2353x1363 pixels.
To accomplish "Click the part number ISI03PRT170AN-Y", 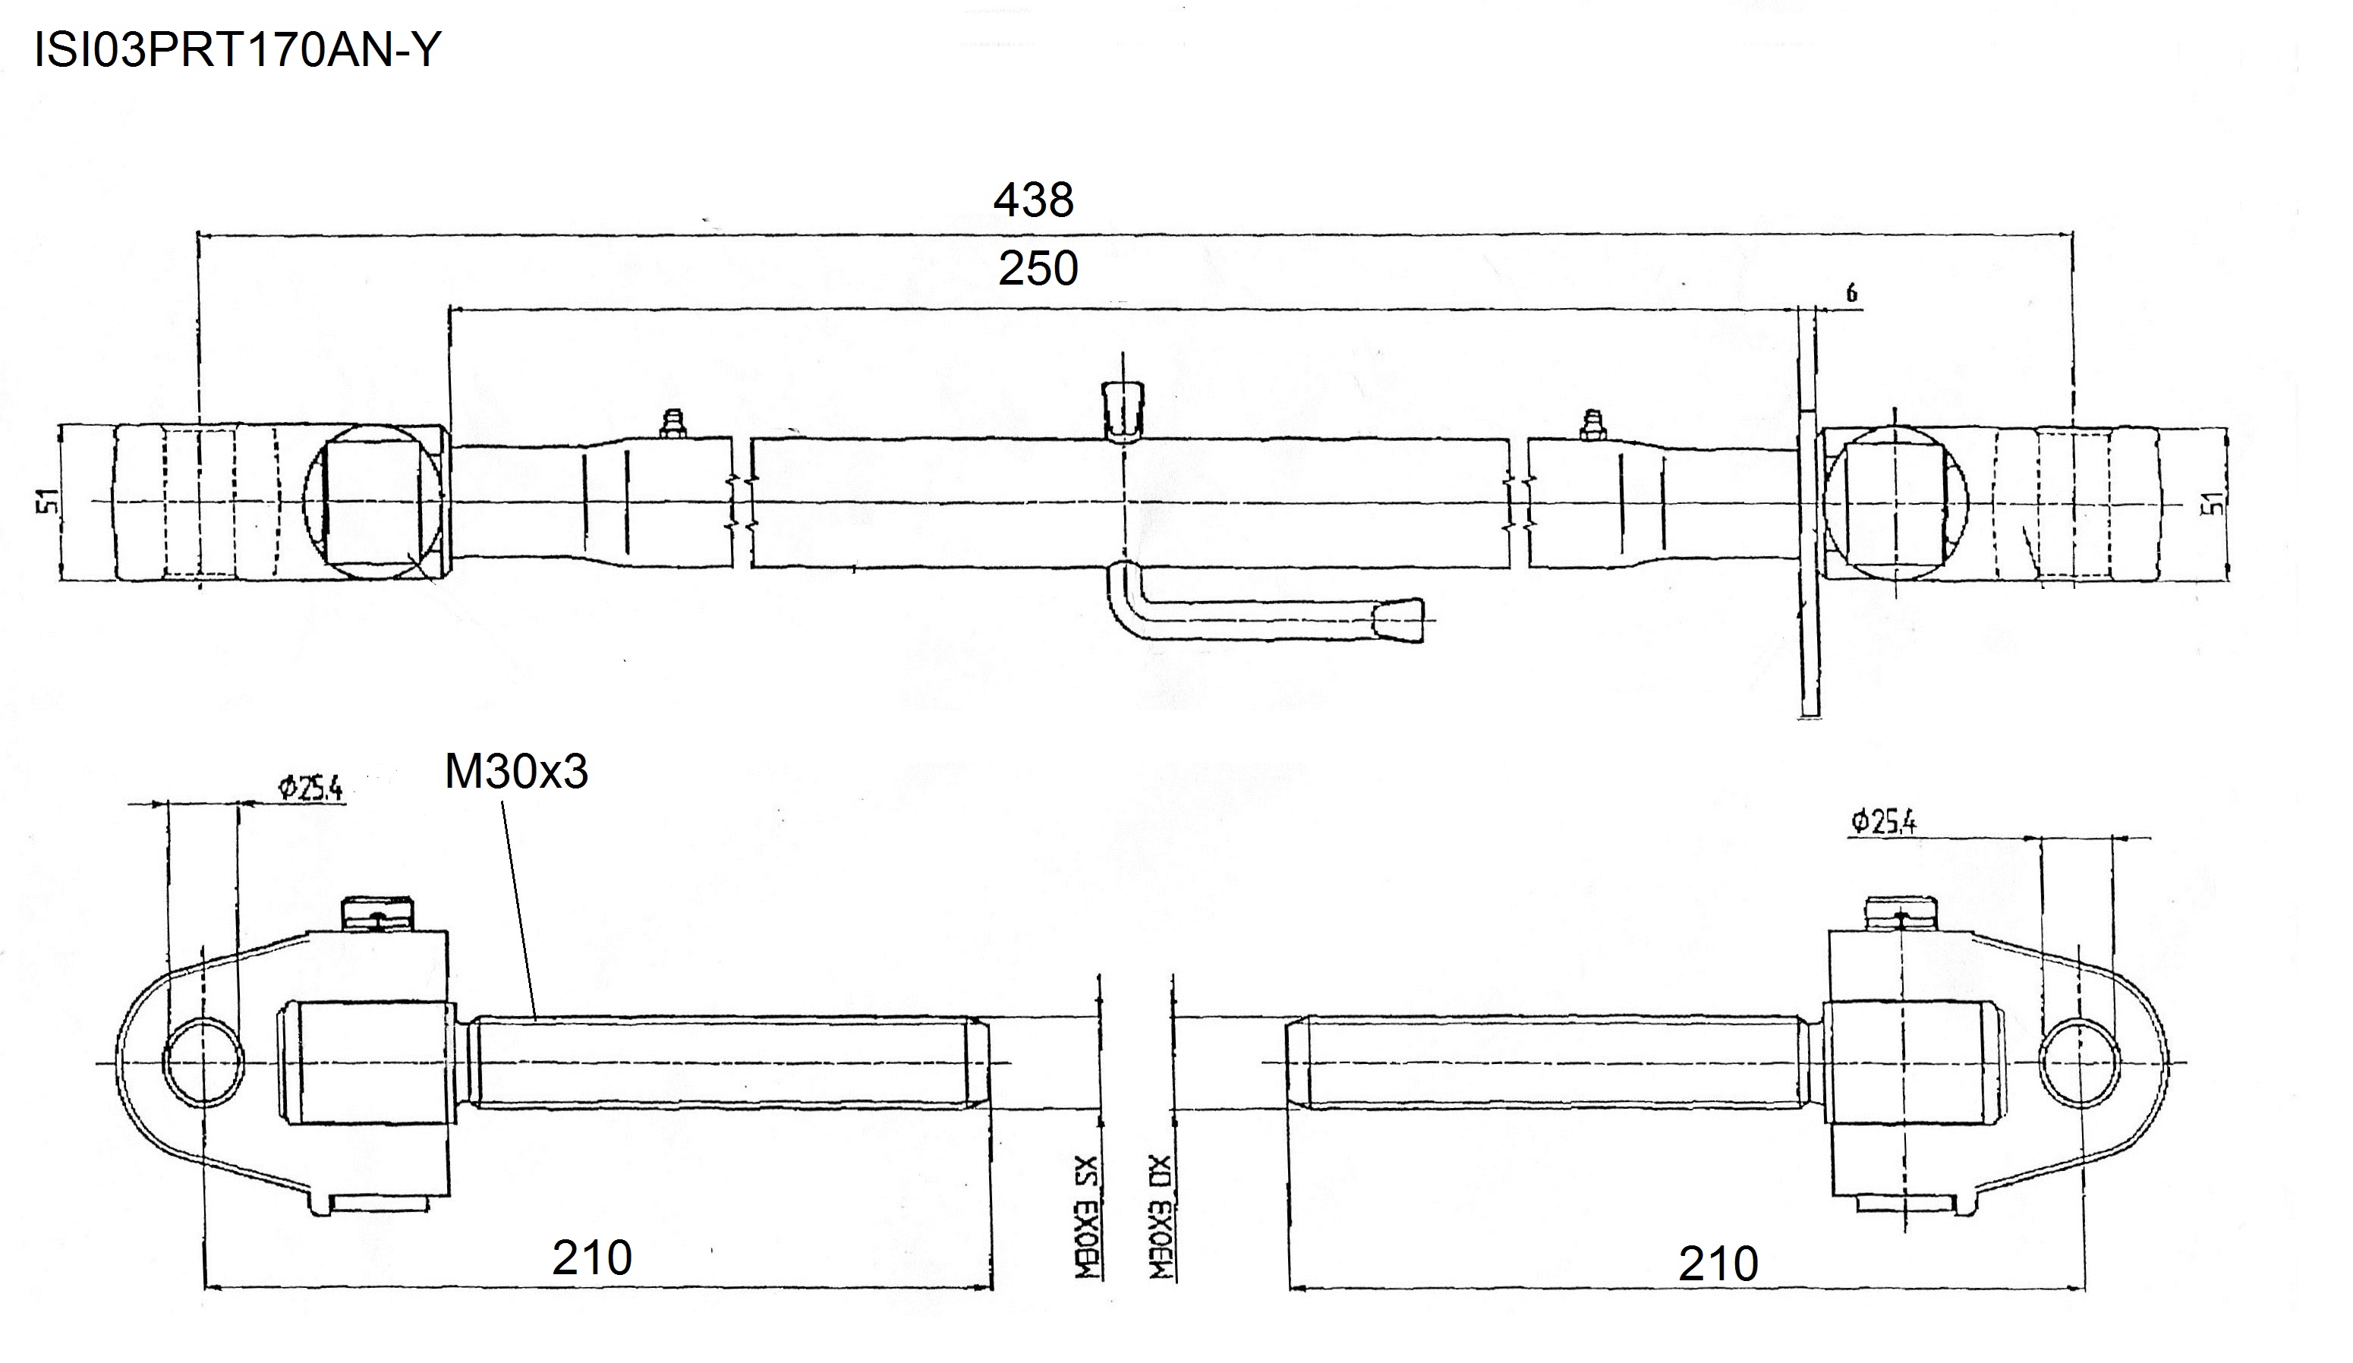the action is [236, 49].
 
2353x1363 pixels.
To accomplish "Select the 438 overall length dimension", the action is [1034, 200].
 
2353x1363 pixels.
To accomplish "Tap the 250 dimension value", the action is [1038, 269].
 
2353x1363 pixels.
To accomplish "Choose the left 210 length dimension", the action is [592, 1258].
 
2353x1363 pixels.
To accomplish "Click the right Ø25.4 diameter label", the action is [1883, 822].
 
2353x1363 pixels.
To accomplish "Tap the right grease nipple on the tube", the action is [1592, 425].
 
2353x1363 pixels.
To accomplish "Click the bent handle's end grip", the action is [1400, 621].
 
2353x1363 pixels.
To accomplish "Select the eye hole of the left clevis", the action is [203, 1062].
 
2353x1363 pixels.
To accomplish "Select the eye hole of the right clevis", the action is [2080, 1062].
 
